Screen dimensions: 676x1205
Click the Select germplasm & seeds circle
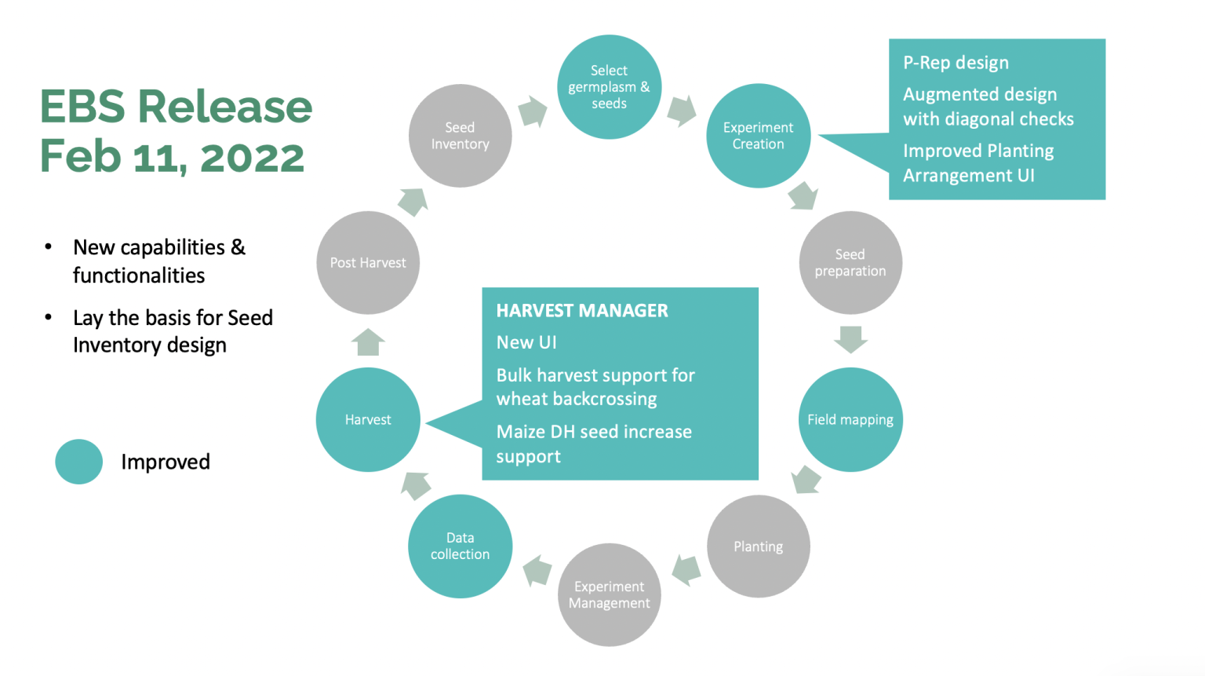pos(609,87)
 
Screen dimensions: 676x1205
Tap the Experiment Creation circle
pos(758,136)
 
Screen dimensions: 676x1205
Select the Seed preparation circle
pos(850,262)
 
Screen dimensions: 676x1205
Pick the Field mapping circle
pos(850,419)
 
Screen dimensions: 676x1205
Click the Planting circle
pos(758,546)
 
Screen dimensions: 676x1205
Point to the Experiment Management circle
pos(609,594)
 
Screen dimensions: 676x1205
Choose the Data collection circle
pos(460,546)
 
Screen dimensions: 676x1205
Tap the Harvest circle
pos(368,419)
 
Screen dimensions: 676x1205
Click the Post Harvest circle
pos(368,262)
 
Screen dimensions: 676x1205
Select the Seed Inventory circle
pos(460,136)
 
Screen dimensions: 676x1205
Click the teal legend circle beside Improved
pos(78,462)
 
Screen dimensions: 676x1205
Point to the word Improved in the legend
pos(166,462)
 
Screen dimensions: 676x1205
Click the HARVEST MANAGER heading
pos(582,311)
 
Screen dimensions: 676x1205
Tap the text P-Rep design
pos(956,63)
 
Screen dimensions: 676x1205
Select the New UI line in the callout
pos(526,342)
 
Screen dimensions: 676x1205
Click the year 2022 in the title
pos(252,157)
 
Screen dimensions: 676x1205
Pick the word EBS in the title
pos(82,107)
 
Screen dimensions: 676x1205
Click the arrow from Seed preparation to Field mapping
pos(850,339)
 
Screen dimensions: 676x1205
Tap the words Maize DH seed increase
pos(594,432)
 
